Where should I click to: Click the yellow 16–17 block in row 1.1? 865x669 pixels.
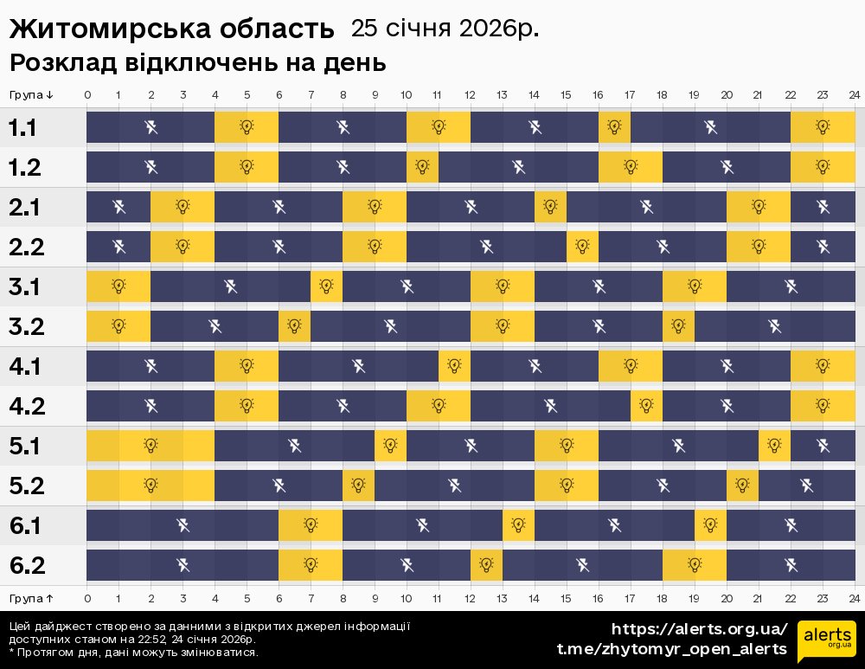614,128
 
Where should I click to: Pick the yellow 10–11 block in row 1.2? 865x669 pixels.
422,167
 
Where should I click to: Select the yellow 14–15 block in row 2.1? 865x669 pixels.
550,207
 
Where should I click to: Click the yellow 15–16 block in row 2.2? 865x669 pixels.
582,247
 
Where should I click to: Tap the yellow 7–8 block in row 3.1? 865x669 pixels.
326,286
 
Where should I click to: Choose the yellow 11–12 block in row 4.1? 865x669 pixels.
454,366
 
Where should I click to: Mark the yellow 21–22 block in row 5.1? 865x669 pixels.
774,447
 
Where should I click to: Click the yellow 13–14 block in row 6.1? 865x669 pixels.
518,525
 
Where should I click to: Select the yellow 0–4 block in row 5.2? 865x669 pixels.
151,486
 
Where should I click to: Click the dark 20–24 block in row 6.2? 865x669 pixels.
790,565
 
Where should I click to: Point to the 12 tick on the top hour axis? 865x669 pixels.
470,94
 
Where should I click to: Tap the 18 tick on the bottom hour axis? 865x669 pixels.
662,598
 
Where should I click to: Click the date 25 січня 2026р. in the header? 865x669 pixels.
445,28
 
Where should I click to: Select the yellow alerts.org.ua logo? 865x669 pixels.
826,641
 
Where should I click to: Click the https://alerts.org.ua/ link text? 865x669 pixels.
699,629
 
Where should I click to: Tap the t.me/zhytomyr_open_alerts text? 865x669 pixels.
671,649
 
